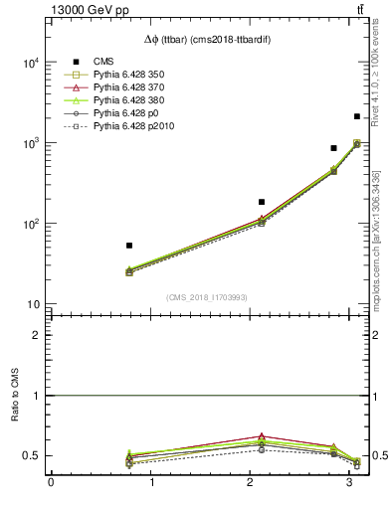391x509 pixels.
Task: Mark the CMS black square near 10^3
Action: [x=334, y=148]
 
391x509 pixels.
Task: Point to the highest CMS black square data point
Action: [x=357, y=116]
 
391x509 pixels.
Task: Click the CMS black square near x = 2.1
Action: [x=262, y=202]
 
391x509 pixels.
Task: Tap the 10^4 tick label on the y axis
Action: [x=32, y=63]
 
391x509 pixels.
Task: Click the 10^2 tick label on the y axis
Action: [x=32, y=224]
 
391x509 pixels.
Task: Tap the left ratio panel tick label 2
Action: [x=37, y=335]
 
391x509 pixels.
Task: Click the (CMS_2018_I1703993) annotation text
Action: [x=207, y=297]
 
